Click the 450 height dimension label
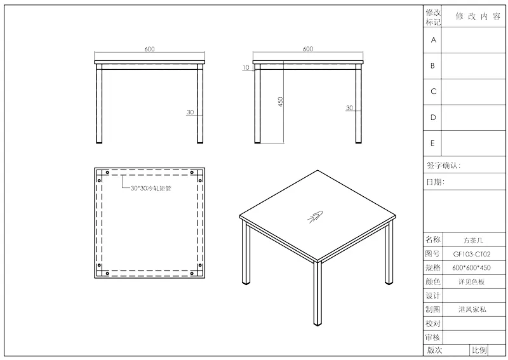click(x=281, y=102)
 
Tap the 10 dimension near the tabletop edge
click(x=246, y=67)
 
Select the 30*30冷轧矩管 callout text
click(x=150, y=189)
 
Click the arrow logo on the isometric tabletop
click(x=315, y=217)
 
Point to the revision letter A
click(x=434, y=40)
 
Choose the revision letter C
click(x=434, y=91)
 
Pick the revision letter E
click(x=432, y=143)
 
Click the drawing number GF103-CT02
click(x=472, y=255)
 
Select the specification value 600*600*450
click(x=471, y=268)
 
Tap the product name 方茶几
click(x=473, y=241)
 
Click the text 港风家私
click(x=472, y=309)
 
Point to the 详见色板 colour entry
click(x=471, y=281)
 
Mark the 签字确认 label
click(x=443, y=166)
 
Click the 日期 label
click(x=435, y=182)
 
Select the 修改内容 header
click(x=478, y=17)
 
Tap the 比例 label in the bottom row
click(x=479, y=350)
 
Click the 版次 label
click(x=434, y=350)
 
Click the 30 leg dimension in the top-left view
click(x=190, y=112)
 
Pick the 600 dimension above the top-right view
click(x=308, y=49)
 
